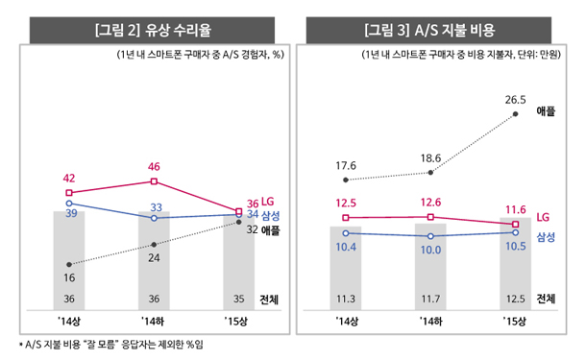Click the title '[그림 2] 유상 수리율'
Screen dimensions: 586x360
tap(154, 30)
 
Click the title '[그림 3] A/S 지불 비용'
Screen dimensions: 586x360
tap(429, 30)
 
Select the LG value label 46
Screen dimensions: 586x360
tap(154, 166)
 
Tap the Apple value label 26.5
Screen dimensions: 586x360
tap(515, 100)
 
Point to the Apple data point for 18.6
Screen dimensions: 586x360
tap(430, 173)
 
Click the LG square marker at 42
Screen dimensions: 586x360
tap(69, 193)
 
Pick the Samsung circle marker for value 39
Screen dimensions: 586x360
tap(69, 204)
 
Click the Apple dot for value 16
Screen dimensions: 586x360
tap(69, 264)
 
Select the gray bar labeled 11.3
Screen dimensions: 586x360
tap(346, 268)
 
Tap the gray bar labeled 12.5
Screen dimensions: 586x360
tap(515, 264)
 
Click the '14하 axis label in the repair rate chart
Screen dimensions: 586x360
tap(153, 322)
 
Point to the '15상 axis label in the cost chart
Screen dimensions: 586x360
tap(514, 322)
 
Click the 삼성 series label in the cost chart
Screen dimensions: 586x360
tap(546, 237)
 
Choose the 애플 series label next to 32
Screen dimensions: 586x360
tap(271, 230)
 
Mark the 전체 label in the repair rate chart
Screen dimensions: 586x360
tap(269, 300)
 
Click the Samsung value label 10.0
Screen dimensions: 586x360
tap(431, 250)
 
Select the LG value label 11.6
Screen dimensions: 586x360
tap(515, 210)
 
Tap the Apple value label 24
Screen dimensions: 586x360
tap(154, 257)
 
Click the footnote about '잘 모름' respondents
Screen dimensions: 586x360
tap(111, 345)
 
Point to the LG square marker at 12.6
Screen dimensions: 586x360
tap(430, 217)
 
